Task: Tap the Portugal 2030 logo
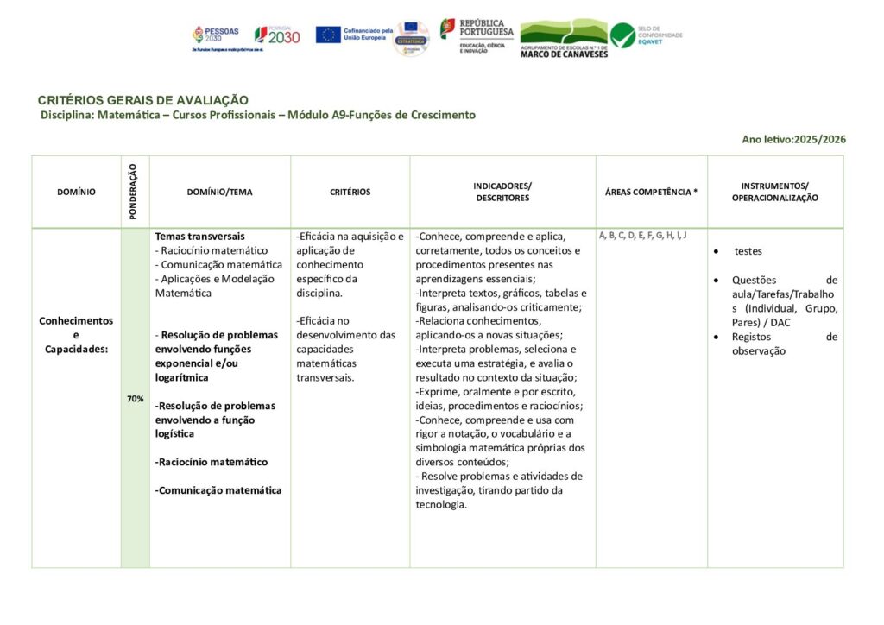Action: (277, 35)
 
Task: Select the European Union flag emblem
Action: (328, 35)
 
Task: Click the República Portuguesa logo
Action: (477, 35)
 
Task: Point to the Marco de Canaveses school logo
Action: (564, 38)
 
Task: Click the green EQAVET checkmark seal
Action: (622, 35)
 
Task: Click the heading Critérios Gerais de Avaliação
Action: (143, 100)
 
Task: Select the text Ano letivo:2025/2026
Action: (793, 139)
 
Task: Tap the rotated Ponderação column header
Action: (134, 192)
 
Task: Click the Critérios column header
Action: (350, 192)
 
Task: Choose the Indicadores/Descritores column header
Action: (502, 192)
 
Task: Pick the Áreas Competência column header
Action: (651, 192)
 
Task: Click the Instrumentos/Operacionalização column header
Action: (774, 192)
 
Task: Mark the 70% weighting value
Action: (135, 399)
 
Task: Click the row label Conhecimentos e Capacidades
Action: (76, 334)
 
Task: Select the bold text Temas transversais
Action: (200, 236)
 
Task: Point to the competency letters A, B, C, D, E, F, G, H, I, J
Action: (642, 235)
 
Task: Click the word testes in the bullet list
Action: (748, 251)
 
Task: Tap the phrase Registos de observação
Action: (784, 344)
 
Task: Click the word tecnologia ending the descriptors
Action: (441, 504)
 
